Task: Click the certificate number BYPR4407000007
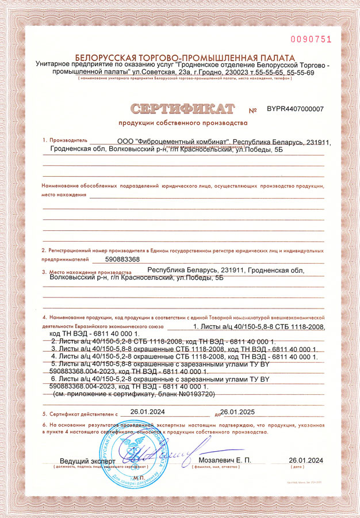pyautogui.click(x=295, y=108)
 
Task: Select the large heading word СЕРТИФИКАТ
pyautogui.click(x=182, y=108)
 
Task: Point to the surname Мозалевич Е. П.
pyautogui.click(x=225, y=460)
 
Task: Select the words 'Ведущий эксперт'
pyautogui.click(x=88, y=461)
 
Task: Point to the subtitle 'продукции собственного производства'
pyautogui.click(x=183, y=123)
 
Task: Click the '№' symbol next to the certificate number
pyautogui.click(x=253, y=110)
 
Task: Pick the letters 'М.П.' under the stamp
pyautogui.click(x=138, y=478)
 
